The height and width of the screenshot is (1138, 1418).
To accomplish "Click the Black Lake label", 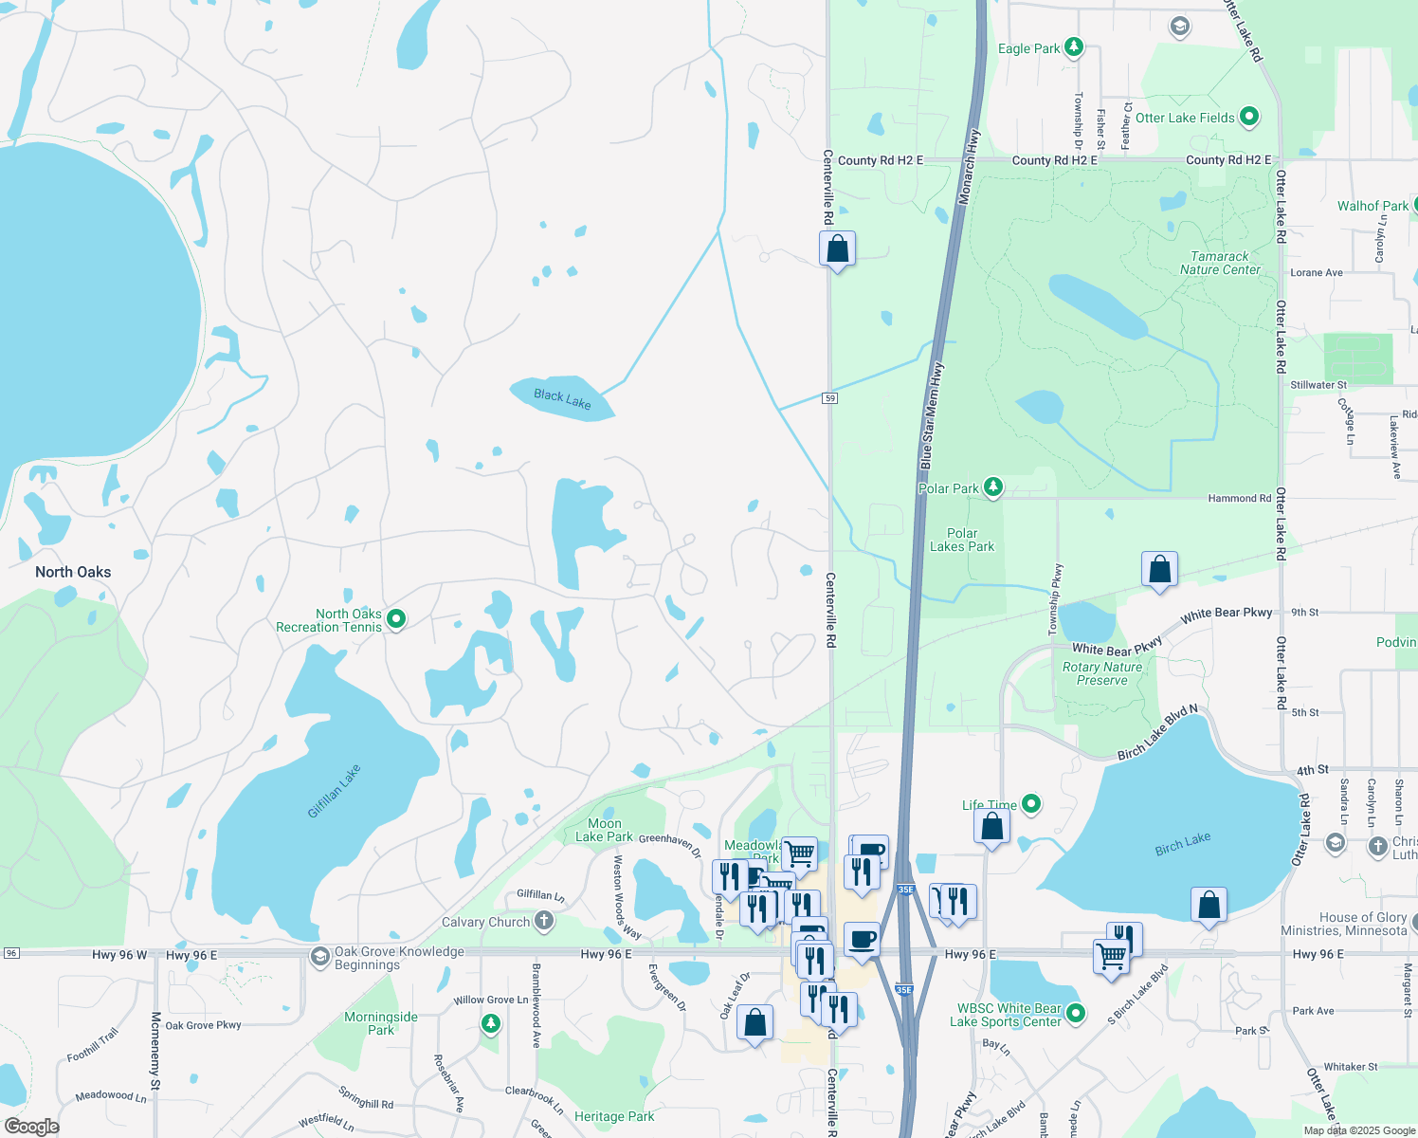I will [562, 399].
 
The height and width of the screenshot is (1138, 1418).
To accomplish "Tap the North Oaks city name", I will [73, 572].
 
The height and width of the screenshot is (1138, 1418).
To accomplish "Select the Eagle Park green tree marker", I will [1073, 46].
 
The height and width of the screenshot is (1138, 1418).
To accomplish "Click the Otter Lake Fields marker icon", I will [1248, 117].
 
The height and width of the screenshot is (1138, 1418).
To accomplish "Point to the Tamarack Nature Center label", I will [1220, 263].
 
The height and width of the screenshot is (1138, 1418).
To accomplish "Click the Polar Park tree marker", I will [992, 487].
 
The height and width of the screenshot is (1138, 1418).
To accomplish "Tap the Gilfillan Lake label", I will [334, 791].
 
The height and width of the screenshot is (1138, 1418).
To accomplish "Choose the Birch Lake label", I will [1182, 844].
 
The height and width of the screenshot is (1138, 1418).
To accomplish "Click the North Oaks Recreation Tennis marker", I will [396, 619].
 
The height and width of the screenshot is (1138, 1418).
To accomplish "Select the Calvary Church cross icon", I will [543, 920].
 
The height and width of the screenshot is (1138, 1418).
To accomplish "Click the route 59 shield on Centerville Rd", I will [830, 398].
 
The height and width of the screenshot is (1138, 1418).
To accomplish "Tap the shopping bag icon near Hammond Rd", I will [1159, 569].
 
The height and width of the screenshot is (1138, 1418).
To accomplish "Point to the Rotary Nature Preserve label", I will [1102, 673].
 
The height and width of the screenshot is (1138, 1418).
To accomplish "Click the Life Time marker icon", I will [1031, 804].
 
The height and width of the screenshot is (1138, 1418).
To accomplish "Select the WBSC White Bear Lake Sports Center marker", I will [1075, 1014].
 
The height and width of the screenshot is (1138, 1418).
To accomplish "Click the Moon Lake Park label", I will [604, 830].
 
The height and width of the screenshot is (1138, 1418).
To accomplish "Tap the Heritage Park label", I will [614, 1116].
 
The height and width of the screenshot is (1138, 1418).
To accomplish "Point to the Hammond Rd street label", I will [1240, 498].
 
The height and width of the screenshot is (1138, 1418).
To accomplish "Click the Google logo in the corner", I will [31, 1126].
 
